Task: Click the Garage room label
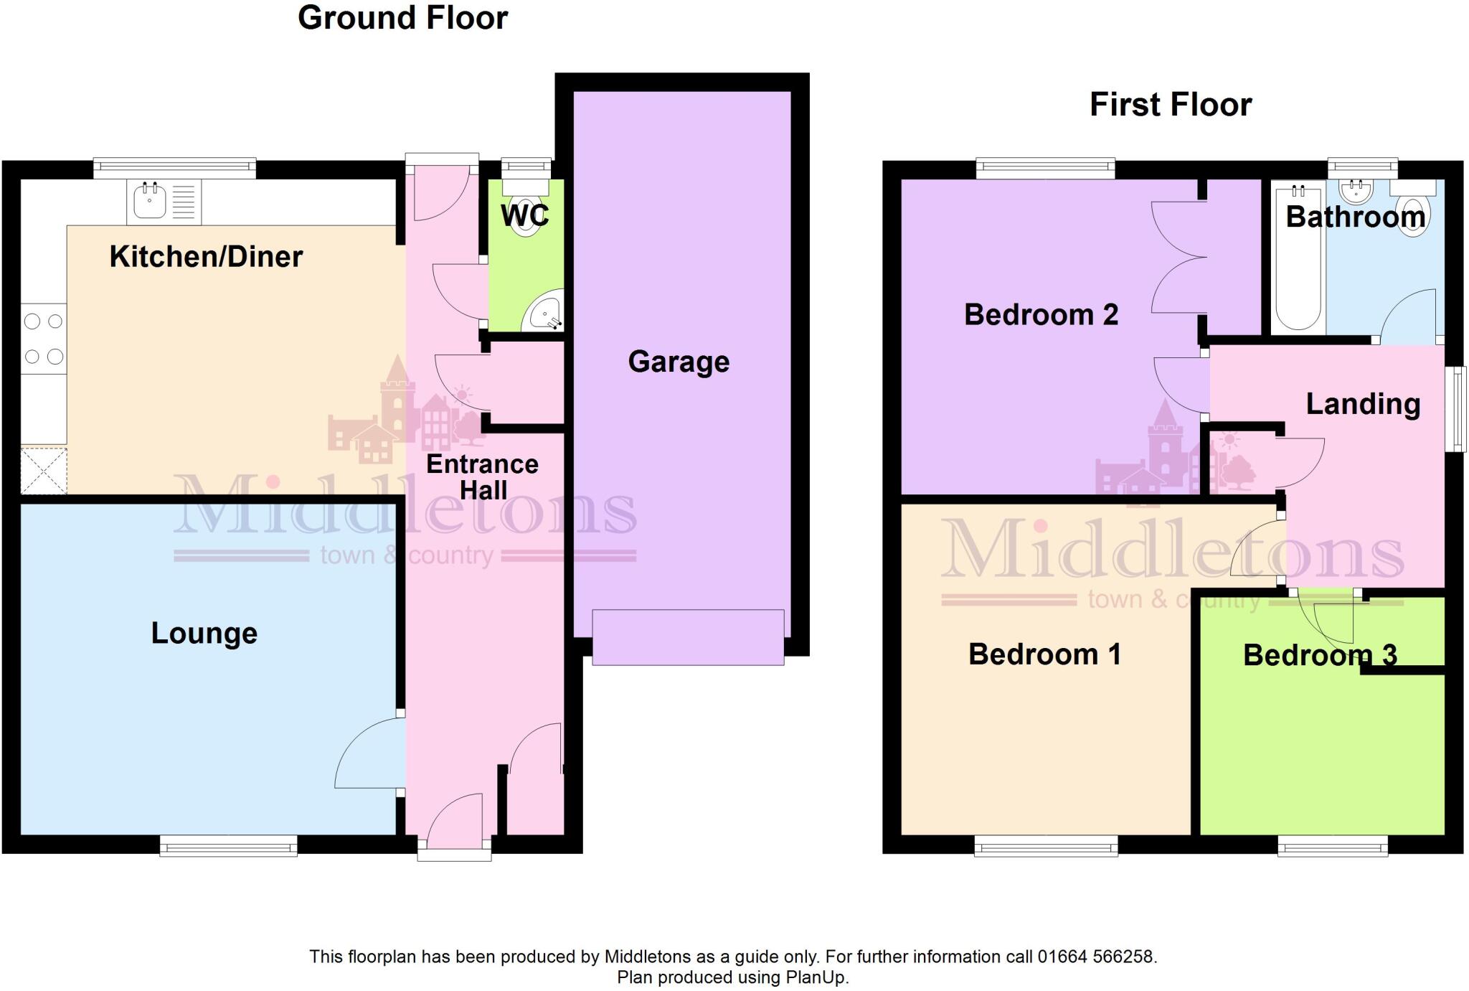pyautogui.click(x=679, y=362)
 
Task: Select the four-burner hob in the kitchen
pyautogui.click(x=43, y=339)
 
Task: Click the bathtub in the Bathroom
pyautogui.click(x=1298, y=258)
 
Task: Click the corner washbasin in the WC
pyautogui.click(x=545, y=313)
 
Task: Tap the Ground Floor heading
pyautogui.click(x=402, y=18)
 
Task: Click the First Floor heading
pyautogui.click(x=1170, y=105)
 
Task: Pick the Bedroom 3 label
pyautogui.click(x=1319, y=655)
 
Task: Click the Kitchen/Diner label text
pyautogui.click(x=206, y=257)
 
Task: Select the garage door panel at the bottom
pyautogui.click(x=687, y=637)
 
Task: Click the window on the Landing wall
pyautogui.click(x=1455, y=409)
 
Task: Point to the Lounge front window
pyautogui.click(x=228, y=846)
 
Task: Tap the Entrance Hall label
pyautogui.click(x=482, y=477)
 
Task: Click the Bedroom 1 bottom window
pyautogui.click(x=1045, y=846)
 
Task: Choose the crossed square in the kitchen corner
pyautogui.click(x=43, y=471)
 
